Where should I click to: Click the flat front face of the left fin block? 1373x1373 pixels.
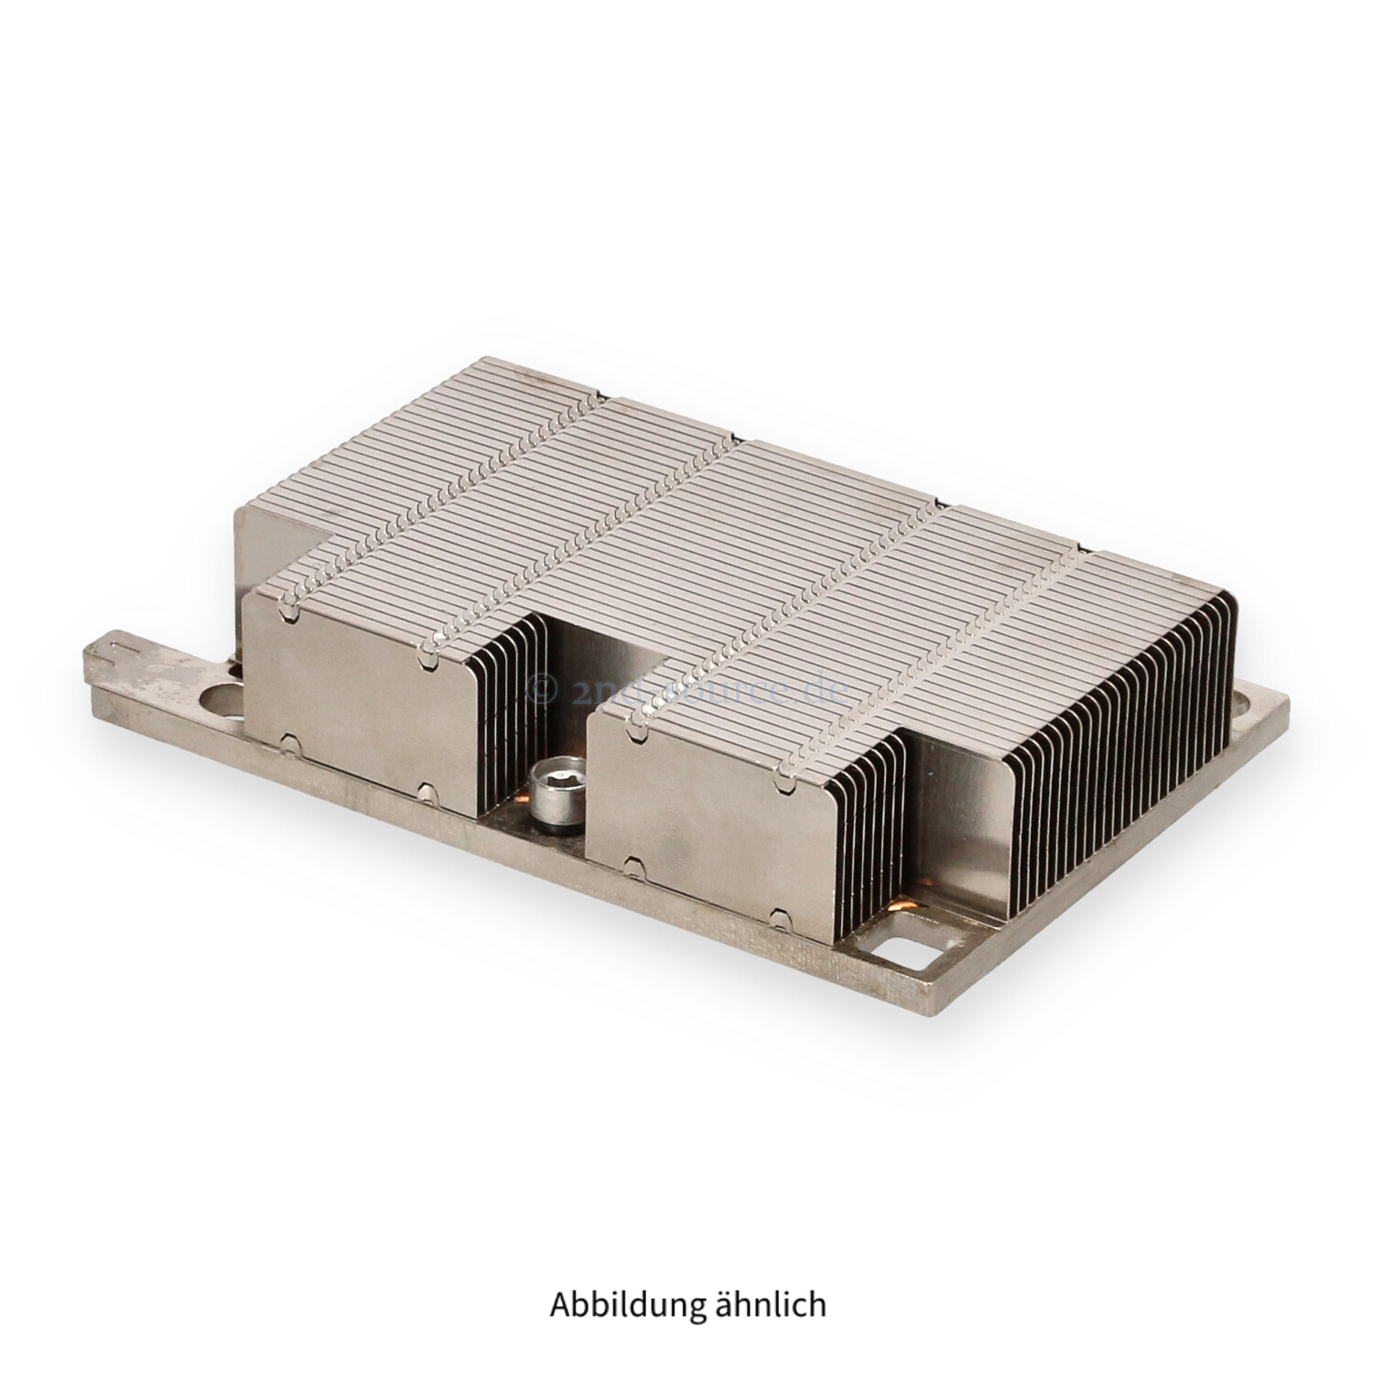click(362, 696)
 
